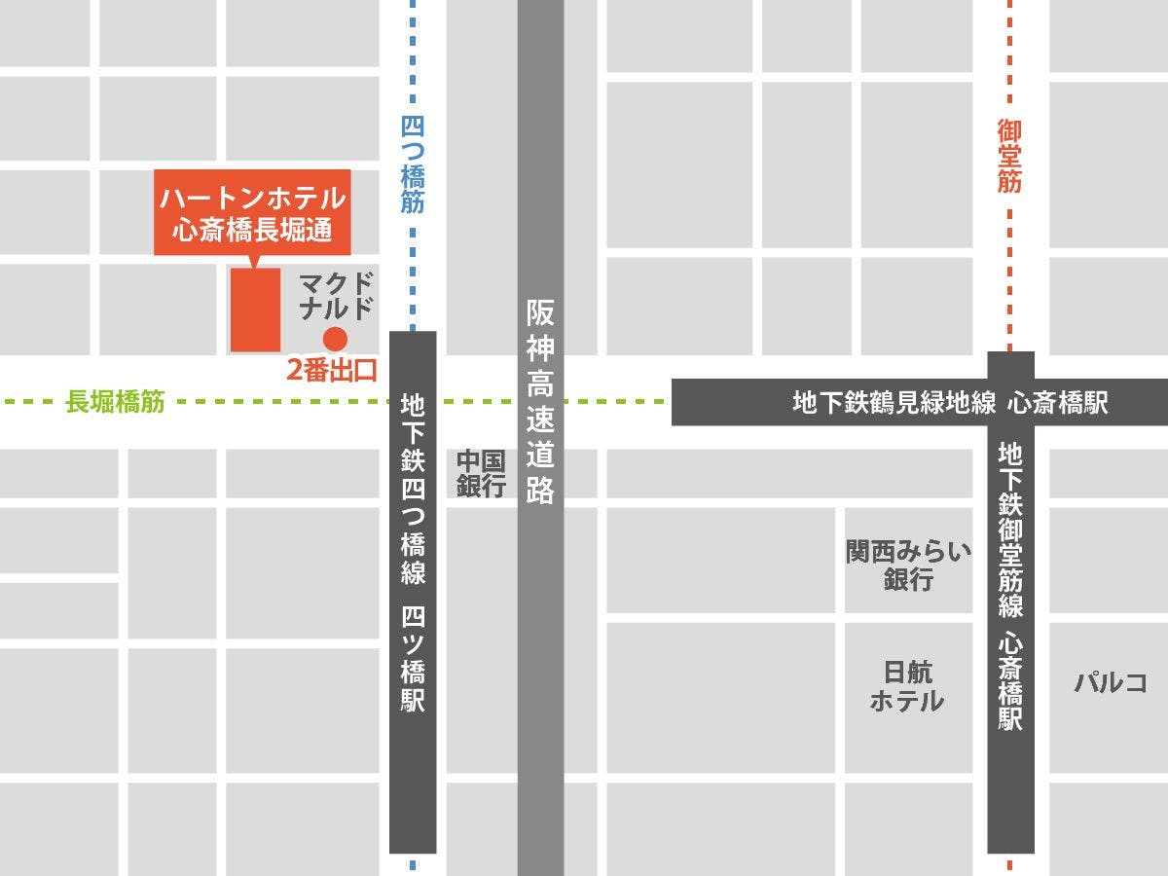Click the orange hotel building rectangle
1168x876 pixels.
click(255, 310)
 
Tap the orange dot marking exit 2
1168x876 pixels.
click(335, 339)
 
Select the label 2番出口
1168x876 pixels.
click(331, 371)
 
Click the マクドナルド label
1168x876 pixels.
click(337, 297)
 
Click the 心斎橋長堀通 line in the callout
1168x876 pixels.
click(253, 231)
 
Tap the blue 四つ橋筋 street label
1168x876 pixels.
click(413, 164)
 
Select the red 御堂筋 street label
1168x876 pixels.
click(1009, 156)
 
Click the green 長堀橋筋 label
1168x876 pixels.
click(115, 402)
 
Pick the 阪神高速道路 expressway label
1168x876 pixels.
click(540, 401)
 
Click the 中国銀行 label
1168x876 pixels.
click(482, 473)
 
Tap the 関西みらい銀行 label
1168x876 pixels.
click(908, 566)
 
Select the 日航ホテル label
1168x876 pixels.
click(907, 686)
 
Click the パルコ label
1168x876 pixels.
click(1111, 682)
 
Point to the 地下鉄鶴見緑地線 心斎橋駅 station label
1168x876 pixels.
click(950, 403)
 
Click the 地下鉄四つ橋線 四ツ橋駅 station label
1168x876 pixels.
click(413, 552)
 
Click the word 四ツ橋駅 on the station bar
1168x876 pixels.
click(413, 658)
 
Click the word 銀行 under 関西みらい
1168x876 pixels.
click(908, 580)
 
